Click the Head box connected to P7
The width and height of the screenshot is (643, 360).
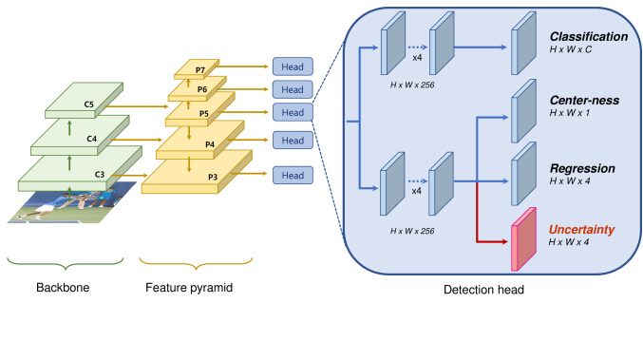pos(293,66)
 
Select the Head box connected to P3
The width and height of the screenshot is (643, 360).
pos(293,175)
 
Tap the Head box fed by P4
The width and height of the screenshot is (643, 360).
pos(293,141)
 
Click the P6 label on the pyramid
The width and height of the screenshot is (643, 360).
pos(202,89)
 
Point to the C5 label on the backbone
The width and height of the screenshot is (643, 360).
pos(89,104)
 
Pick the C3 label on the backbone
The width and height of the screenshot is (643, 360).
pos(100,175)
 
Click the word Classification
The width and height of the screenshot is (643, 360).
pos(589,36)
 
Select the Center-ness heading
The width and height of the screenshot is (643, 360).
pos(584,100)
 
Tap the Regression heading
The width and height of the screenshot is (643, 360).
pos(582,168)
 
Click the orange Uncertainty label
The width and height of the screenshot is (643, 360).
pos(581,230)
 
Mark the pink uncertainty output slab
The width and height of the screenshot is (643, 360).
pos(523,239)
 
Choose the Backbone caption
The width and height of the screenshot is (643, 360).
pos(63,288)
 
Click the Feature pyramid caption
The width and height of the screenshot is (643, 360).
pos(189,288)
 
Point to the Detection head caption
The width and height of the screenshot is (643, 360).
pos(483,290)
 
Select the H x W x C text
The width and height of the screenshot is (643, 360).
pos(571,49)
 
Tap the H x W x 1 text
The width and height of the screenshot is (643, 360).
pos(570,113)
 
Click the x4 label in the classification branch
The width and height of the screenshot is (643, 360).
pos(417,58)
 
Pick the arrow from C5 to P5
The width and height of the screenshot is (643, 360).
pos(137,106)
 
